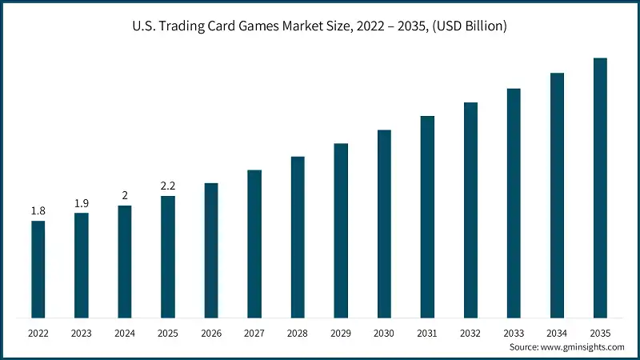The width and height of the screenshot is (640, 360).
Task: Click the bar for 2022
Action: (x=38, y=269)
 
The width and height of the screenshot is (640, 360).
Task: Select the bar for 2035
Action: (x=600, y=187)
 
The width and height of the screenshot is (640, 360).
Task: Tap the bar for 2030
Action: (x=384, y=223)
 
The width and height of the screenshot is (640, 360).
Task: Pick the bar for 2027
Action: (x=254, y=243)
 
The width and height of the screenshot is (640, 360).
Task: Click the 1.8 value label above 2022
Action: (x=38, y=210)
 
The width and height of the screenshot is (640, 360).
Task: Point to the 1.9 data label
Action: (x=81, y=203)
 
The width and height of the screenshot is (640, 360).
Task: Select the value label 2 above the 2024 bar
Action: (x=124, y=195)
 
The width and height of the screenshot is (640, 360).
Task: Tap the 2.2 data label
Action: (x=167, y=186)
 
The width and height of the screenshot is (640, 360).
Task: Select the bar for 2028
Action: (x=298, y=237)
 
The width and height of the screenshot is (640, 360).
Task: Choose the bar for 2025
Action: (x=167, y=256)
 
